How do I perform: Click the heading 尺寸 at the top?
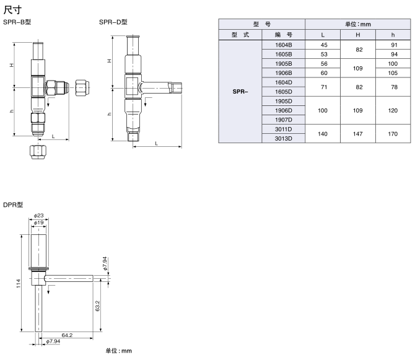pyautogui.click(x=12, y=10)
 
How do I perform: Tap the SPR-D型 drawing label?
pyautogui.click(x=113, y=22)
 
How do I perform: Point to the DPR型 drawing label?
pyautogui.click(x=13, y=204)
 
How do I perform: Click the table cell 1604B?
pyautogui.click(x=283, y=45)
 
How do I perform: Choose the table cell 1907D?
pyautogui.click(x=283, y=120)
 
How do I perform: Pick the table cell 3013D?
pyautogui.click(x=283, y=138)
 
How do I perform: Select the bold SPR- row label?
pyautogui.click(x=240, y=92)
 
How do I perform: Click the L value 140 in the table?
pyautogui.click(x=323, y=134)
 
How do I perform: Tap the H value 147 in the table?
pyautogui.click(x=357, y=134)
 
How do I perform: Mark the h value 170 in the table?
pyautogui.click(x=389, y=134)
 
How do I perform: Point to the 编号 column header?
pyautogui.click(x=283, y=35)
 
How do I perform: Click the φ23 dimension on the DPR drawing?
pyautogui.click(x=38, y=216)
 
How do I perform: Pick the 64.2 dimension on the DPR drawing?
pyautogui.click(x=67, y=335)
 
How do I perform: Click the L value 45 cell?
pyautogui.click(x=323, y=45)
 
